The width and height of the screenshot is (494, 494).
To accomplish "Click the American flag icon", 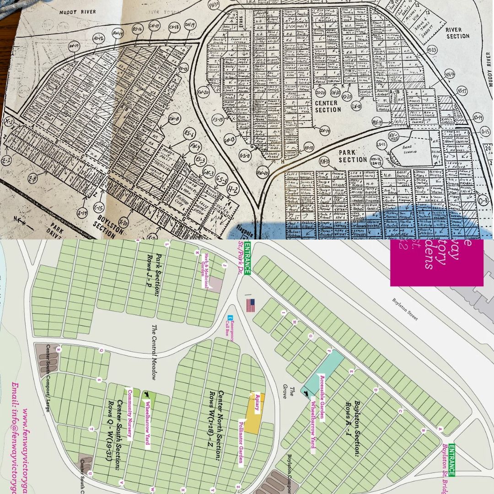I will [x=250, y=305].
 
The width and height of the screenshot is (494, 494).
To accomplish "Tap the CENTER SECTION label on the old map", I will [x=327, y=106].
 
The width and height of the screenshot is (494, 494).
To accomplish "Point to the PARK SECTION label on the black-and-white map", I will [x=353, y=156].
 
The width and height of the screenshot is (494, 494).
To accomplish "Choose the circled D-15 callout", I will [x=486, y=131].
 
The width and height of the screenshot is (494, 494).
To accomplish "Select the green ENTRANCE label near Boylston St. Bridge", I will [x=451, y=460].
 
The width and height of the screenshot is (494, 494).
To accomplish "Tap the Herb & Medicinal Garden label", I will [x=206, y=271].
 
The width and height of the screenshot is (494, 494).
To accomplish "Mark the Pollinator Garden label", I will [x=241, y=441].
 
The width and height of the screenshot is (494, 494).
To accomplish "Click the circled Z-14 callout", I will [x=83, y=212].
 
